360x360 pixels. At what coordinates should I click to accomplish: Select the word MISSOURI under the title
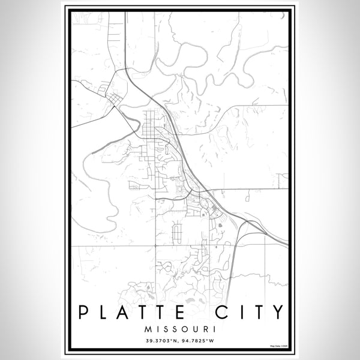[179, 329]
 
